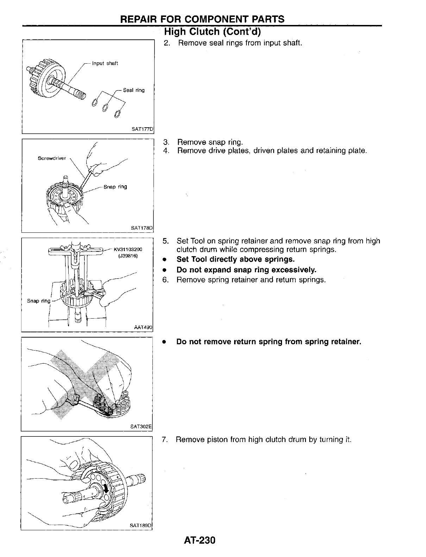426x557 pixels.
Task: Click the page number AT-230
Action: click(199, 540)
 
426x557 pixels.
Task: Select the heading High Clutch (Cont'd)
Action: click(212, 32)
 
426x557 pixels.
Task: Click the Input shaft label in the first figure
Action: click(105, 63)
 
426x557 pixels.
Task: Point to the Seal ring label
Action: click(134, 90)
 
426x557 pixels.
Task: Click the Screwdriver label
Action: click(52, 158)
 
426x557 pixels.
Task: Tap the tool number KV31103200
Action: click(127, 249)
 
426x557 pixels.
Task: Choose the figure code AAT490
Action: click(143, 327)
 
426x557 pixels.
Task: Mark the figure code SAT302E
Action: click(140, 427)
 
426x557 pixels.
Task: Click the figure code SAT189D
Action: click(140, 525)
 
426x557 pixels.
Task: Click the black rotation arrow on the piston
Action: click(106, 488)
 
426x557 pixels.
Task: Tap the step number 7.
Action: click(164, 440)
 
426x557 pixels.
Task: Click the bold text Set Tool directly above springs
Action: click(235, 260)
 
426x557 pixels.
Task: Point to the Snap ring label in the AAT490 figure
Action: click(39, 301)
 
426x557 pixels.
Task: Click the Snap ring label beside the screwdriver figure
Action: click(115, 187)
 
